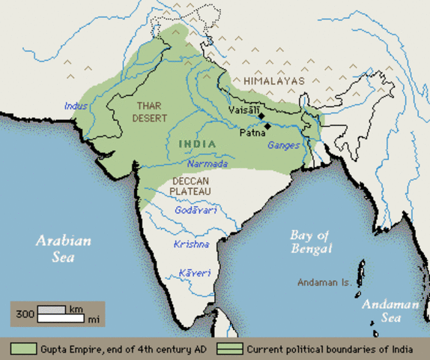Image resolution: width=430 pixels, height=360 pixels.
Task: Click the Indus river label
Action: (x=76, y=106)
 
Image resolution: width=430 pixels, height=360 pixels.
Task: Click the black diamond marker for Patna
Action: (x=267, y=125)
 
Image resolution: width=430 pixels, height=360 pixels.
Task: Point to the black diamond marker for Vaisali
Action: (x=261, y=116)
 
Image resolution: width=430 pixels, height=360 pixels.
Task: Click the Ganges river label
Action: (x=284, y=145)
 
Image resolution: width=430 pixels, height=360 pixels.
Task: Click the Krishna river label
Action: (x=190, y=244)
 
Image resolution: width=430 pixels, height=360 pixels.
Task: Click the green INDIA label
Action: (x=197, y=143)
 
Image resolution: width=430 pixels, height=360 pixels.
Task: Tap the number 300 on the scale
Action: (x=24, y=313)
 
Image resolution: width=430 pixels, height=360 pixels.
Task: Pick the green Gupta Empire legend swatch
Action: (x=23, y=349)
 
